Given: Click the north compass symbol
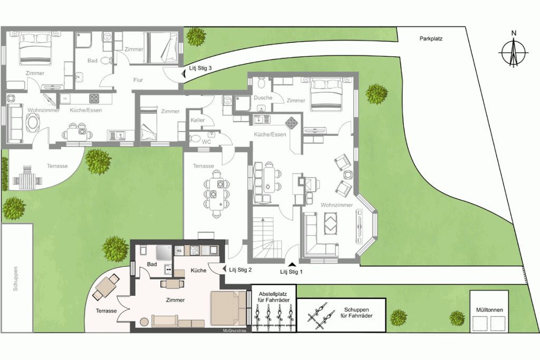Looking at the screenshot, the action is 514,52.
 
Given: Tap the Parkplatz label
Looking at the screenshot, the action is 431,39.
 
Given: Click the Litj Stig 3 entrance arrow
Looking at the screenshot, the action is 184,74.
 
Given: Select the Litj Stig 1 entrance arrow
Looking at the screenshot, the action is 292,264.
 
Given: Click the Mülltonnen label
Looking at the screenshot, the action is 489,310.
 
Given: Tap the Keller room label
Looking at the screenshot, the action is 197,120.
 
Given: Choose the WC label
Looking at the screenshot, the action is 207,141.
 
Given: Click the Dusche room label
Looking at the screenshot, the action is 263,98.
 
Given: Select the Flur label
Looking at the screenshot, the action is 138,80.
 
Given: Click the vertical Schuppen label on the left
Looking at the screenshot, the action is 15,279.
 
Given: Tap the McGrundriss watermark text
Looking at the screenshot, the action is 235,331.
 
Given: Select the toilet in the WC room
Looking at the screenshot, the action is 195,139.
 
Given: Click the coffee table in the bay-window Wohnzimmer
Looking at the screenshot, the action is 331,222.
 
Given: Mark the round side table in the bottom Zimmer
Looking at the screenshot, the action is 144,322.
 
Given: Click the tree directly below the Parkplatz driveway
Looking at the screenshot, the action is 377,94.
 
